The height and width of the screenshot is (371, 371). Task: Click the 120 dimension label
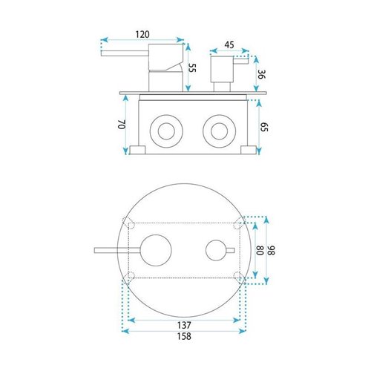point(142,34)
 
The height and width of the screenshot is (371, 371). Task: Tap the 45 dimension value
point(229,45)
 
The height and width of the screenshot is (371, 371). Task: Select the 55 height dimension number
point(192,68)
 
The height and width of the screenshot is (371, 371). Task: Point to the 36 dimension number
point(261,74)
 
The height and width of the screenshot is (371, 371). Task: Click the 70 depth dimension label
point(122,125)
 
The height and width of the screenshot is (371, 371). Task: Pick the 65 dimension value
point(264,127)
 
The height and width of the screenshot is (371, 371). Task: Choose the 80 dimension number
point(260,250)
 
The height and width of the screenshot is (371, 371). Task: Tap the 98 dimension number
point(272,250)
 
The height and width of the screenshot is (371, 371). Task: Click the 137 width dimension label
point(184,325)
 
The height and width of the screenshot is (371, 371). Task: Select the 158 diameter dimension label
point(184,336)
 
